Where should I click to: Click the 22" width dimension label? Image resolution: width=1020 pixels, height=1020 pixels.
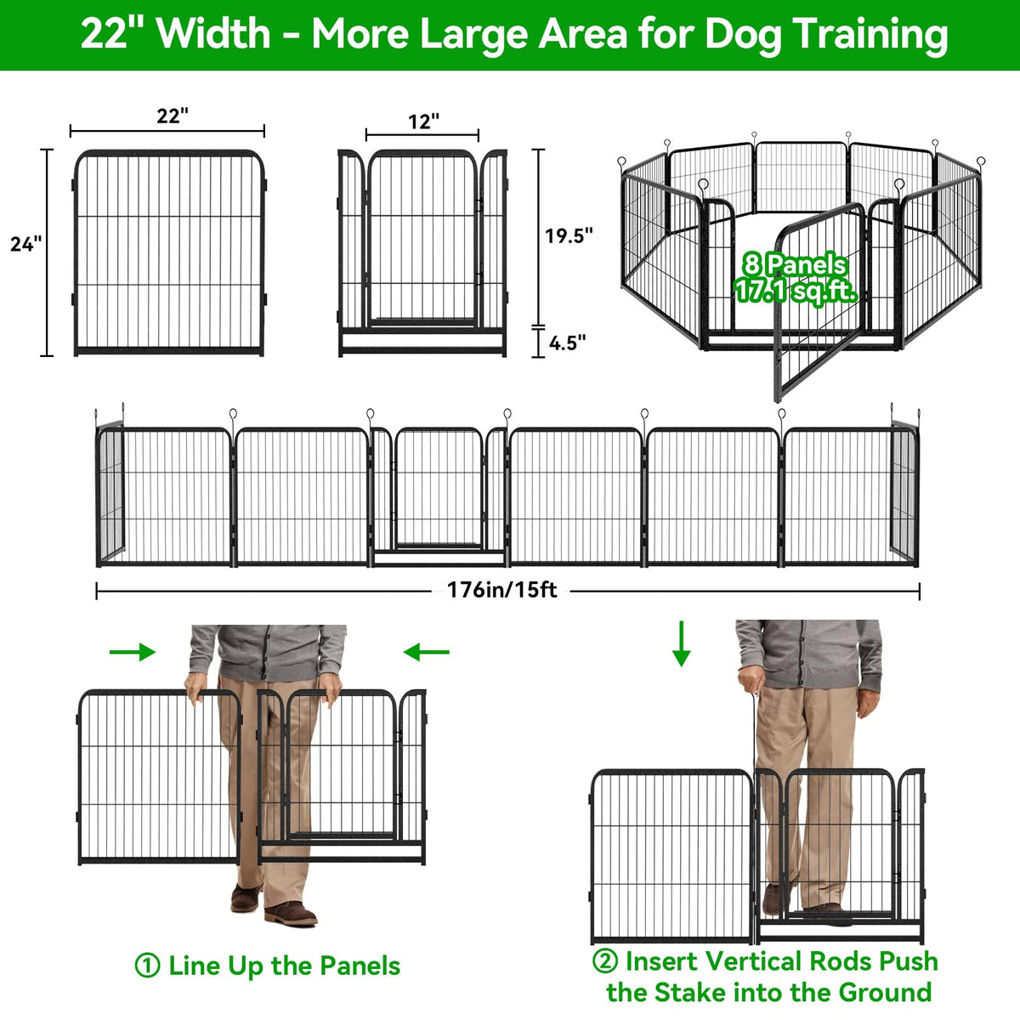point(173,116)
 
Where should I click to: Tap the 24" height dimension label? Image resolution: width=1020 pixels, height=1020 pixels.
point(26,244)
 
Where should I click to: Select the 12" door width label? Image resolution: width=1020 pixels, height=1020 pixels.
point(423,122)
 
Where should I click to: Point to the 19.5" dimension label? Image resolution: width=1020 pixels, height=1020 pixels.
point(569,235)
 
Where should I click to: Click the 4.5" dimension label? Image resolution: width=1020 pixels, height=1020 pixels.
point(567,343)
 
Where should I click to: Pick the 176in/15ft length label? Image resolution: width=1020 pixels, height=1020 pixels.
point(501,590)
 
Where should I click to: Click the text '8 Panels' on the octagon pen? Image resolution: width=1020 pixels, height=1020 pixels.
point(795,264)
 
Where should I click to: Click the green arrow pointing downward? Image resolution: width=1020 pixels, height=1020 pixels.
point(681,643)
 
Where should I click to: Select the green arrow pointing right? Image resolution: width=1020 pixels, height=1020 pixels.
point(133,652)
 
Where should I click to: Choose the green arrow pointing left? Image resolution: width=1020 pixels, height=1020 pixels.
point(426,652)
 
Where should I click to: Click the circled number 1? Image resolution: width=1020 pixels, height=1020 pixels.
point(147,965)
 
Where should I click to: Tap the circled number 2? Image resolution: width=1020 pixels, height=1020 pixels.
point(605,960)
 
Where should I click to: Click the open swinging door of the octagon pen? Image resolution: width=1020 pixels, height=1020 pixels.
point(820,302)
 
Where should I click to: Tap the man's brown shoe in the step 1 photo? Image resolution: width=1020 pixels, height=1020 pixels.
point(291,914)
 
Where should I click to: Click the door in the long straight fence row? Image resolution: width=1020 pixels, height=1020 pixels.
point(439,488)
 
